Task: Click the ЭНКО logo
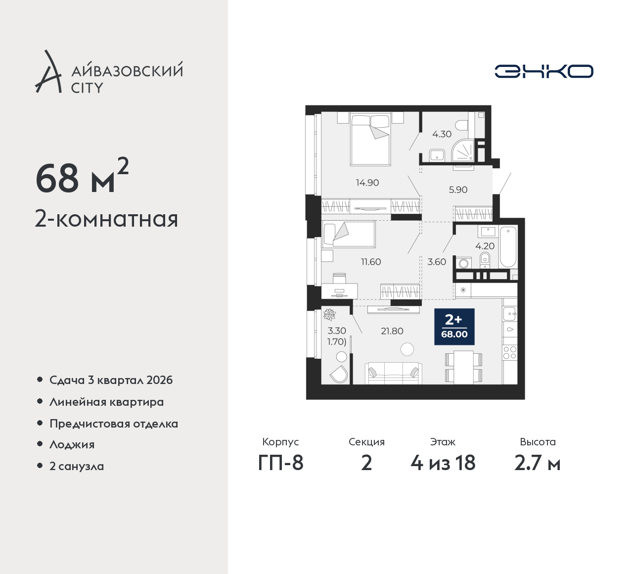tap(543, 71)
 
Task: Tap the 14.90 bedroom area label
tap(367, 183)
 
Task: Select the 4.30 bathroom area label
tap(442, 134)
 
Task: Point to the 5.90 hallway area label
tap(458, 190)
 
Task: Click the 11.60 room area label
tap(371, 261)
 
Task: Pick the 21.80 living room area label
tap(392, 331)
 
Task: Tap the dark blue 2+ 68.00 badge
tap(454, 327)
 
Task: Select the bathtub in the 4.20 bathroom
tap(508, 246)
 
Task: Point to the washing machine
tap(464, 263)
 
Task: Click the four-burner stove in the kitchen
tap(510, 353)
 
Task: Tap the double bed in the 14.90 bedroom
tap(370, 140)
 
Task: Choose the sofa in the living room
tap(393, 374)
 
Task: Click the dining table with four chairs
tap(463, 367)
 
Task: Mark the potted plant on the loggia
tap(330, 315)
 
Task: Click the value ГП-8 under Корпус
tap(280, 463)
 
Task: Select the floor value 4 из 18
tap(443, 463)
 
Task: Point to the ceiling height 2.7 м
tap(537, 463)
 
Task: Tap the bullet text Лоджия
tap(72, 444)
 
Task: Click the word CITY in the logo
tap(87, 88)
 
